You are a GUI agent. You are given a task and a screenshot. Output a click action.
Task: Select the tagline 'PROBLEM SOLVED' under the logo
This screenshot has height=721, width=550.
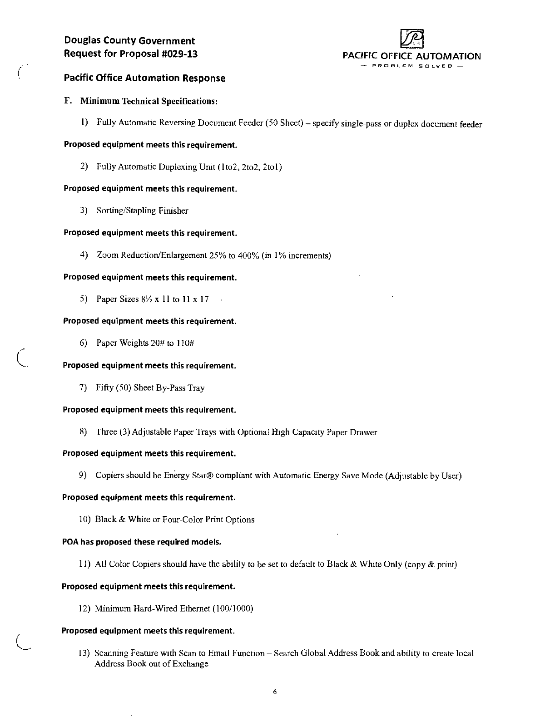point(412,66)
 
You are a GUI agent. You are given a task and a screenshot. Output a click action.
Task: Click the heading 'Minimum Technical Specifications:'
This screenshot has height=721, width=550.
point(149,101)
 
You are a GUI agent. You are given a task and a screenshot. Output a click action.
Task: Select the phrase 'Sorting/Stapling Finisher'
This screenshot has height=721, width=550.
point(142,211)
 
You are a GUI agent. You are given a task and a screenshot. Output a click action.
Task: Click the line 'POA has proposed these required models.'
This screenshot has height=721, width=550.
point(141,542)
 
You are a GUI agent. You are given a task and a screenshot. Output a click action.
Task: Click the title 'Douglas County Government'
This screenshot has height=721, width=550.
point(129,41)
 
